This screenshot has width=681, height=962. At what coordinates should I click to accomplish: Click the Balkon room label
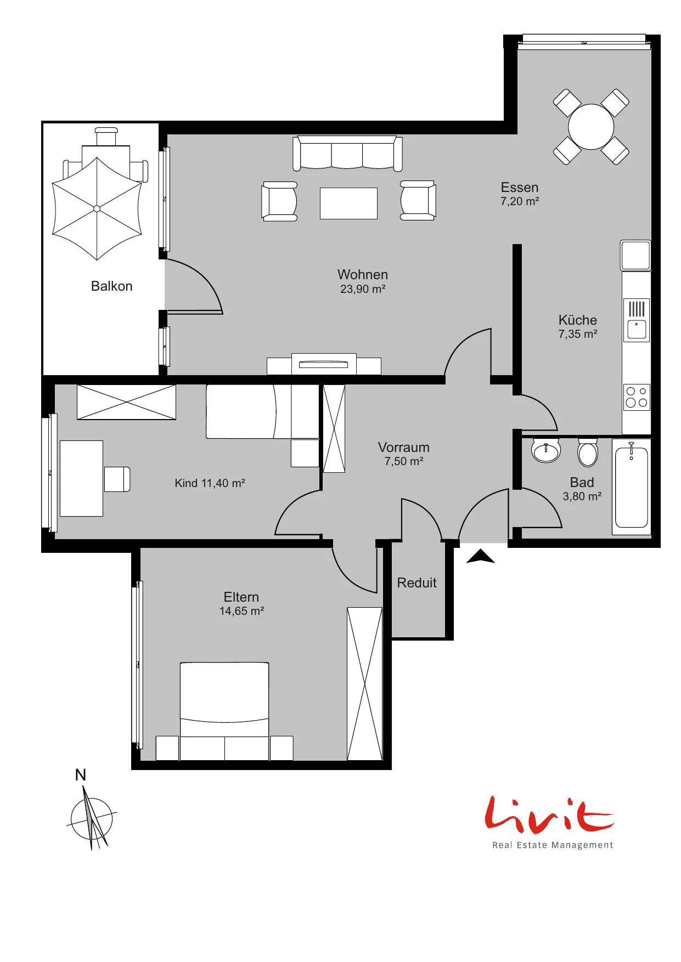tap(112, 286)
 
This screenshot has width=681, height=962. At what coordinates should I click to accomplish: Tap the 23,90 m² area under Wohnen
tap(363, 289)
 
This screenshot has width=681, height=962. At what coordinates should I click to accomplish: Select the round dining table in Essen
tap(591, 127)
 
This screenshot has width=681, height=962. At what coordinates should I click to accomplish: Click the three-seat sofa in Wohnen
tap(347, 153)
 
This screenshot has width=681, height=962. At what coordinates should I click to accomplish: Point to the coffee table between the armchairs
tap(348, 203)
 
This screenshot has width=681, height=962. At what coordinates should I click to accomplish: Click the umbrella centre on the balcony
tap(97, 208)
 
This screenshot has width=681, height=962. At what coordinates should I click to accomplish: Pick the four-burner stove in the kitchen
tap(637, 397)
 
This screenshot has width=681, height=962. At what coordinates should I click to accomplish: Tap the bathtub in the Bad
tap(632, 486)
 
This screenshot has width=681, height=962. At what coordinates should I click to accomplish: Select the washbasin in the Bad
tap(546, 451)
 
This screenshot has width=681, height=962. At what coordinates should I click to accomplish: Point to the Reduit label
tap(417, 582)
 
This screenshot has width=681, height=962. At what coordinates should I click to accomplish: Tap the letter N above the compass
tap(81, 775)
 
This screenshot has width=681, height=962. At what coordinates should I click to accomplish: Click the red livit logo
tap(549, 814)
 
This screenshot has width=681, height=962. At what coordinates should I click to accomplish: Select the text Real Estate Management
tap(553, 845)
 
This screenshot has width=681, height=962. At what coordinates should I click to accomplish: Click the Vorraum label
tap(404, 448)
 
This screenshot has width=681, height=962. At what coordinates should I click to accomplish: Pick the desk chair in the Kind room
tap(117, 479)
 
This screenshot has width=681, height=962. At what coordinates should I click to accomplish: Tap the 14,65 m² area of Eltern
tap(242, 611)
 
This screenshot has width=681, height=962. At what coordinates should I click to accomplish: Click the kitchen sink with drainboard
tap(637, 320)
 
